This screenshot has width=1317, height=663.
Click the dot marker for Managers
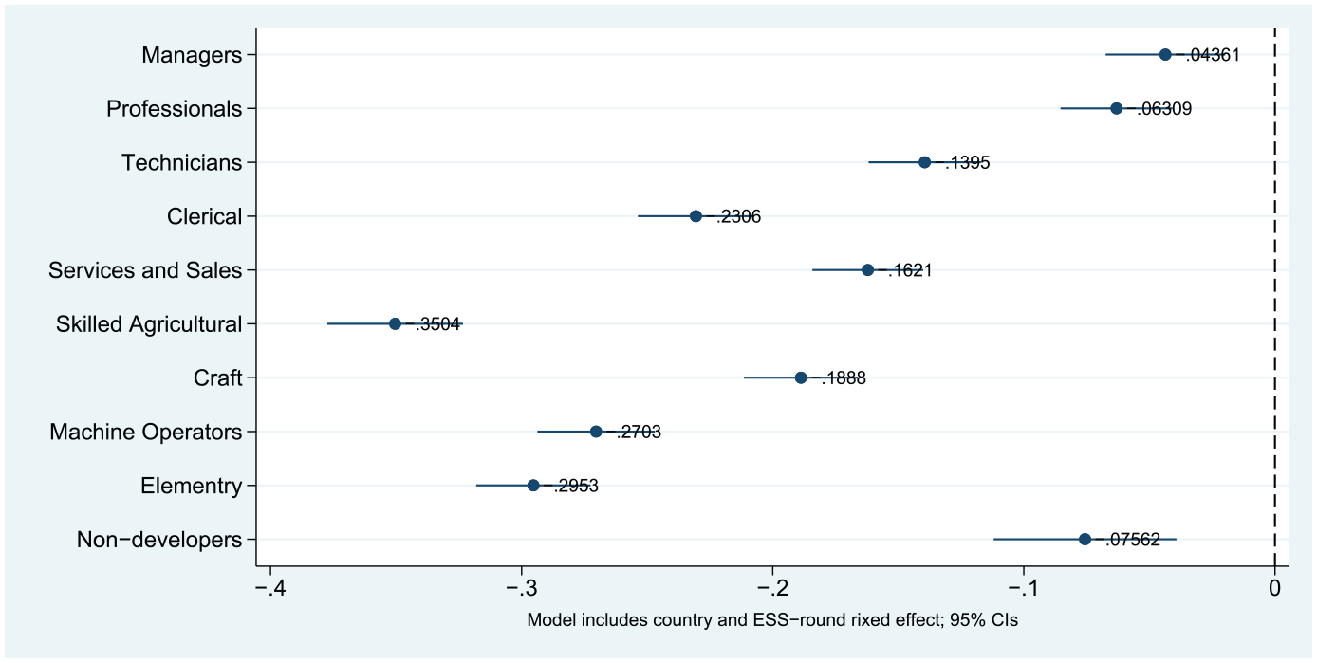point(1165,55)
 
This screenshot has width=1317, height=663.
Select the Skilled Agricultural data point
point(395,323)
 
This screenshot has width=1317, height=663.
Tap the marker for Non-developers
point(1085,539)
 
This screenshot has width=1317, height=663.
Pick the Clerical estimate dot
point(696,216)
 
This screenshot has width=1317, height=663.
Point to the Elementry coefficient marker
point(533,486)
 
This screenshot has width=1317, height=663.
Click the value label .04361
point(1213,55)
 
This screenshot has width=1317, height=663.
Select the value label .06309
point(1164,109)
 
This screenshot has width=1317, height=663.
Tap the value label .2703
point(639,432)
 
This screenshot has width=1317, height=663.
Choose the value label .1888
point(844,378)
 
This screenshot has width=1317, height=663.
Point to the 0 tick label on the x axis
point(1274,588)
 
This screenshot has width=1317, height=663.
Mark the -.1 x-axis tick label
point(1024,588)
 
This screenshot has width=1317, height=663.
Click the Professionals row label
point(174,109)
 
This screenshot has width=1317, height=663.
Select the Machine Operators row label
point(146,432)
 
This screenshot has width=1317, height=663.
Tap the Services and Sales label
point(145,270)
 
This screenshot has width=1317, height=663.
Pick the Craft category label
point(217,378)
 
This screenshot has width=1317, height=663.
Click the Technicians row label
point(181,163)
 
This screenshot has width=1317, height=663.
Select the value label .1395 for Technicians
point(967,163)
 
